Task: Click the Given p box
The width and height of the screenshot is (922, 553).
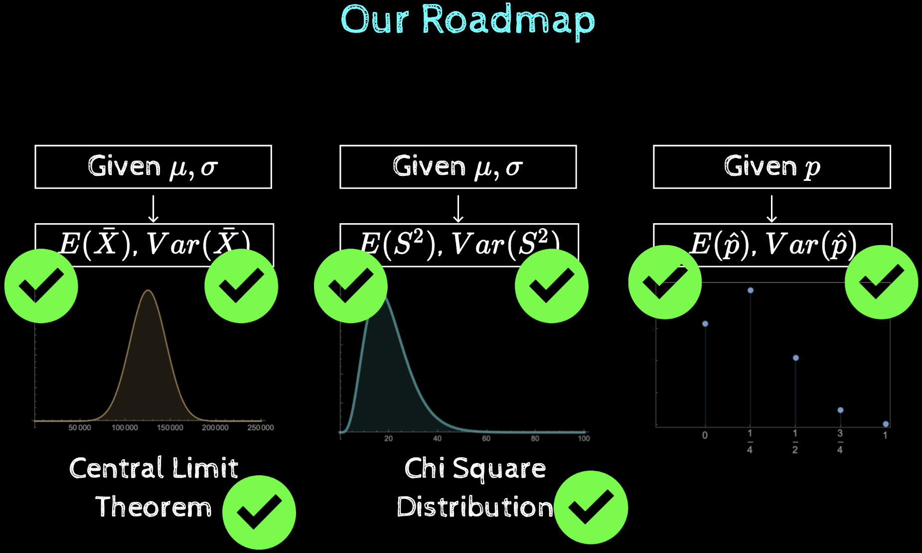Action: tap(771, 166)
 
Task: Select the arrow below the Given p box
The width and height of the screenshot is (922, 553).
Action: tap(771, 209)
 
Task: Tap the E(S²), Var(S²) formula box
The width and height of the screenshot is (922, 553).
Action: tap(459, 244)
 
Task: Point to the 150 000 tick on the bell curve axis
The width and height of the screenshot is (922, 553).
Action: tap(170, 427)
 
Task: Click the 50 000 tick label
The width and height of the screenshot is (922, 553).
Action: tap(80, 427)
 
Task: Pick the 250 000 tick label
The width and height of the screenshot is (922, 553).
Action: tap(261, 427)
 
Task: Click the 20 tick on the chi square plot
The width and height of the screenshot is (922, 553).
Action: tap(388, 438)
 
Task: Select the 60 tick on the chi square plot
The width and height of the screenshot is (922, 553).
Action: tap(486, 438)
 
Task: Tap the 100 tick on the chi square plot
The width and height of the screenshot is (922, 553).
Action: tap(584, 438)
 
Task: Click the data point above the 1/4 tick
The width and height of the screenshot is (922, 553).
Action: tap(750, 290)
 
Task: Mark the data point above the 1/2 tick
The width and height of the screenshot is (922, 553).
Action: tap(795, 358)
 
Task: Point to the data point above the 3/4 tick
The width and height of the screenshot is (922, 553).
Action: tap(840, 410)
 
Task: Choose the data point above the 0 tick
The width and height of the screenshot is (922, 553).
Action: tap(705, 324)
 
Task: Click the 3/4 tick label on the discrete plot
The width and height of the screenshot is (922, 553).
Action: tap(840, 441)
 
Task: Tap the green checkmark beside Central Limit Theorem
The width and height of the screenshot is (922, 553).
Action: tap(259, 512)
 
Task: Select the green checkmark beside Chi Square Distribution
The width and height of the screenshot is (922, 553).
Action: tap(591, 507)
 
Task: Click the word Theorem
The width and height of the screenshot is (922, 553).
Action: tap(154, 507)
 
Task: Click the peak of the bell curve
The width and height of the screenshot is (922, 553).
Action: tap(148, 291)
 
